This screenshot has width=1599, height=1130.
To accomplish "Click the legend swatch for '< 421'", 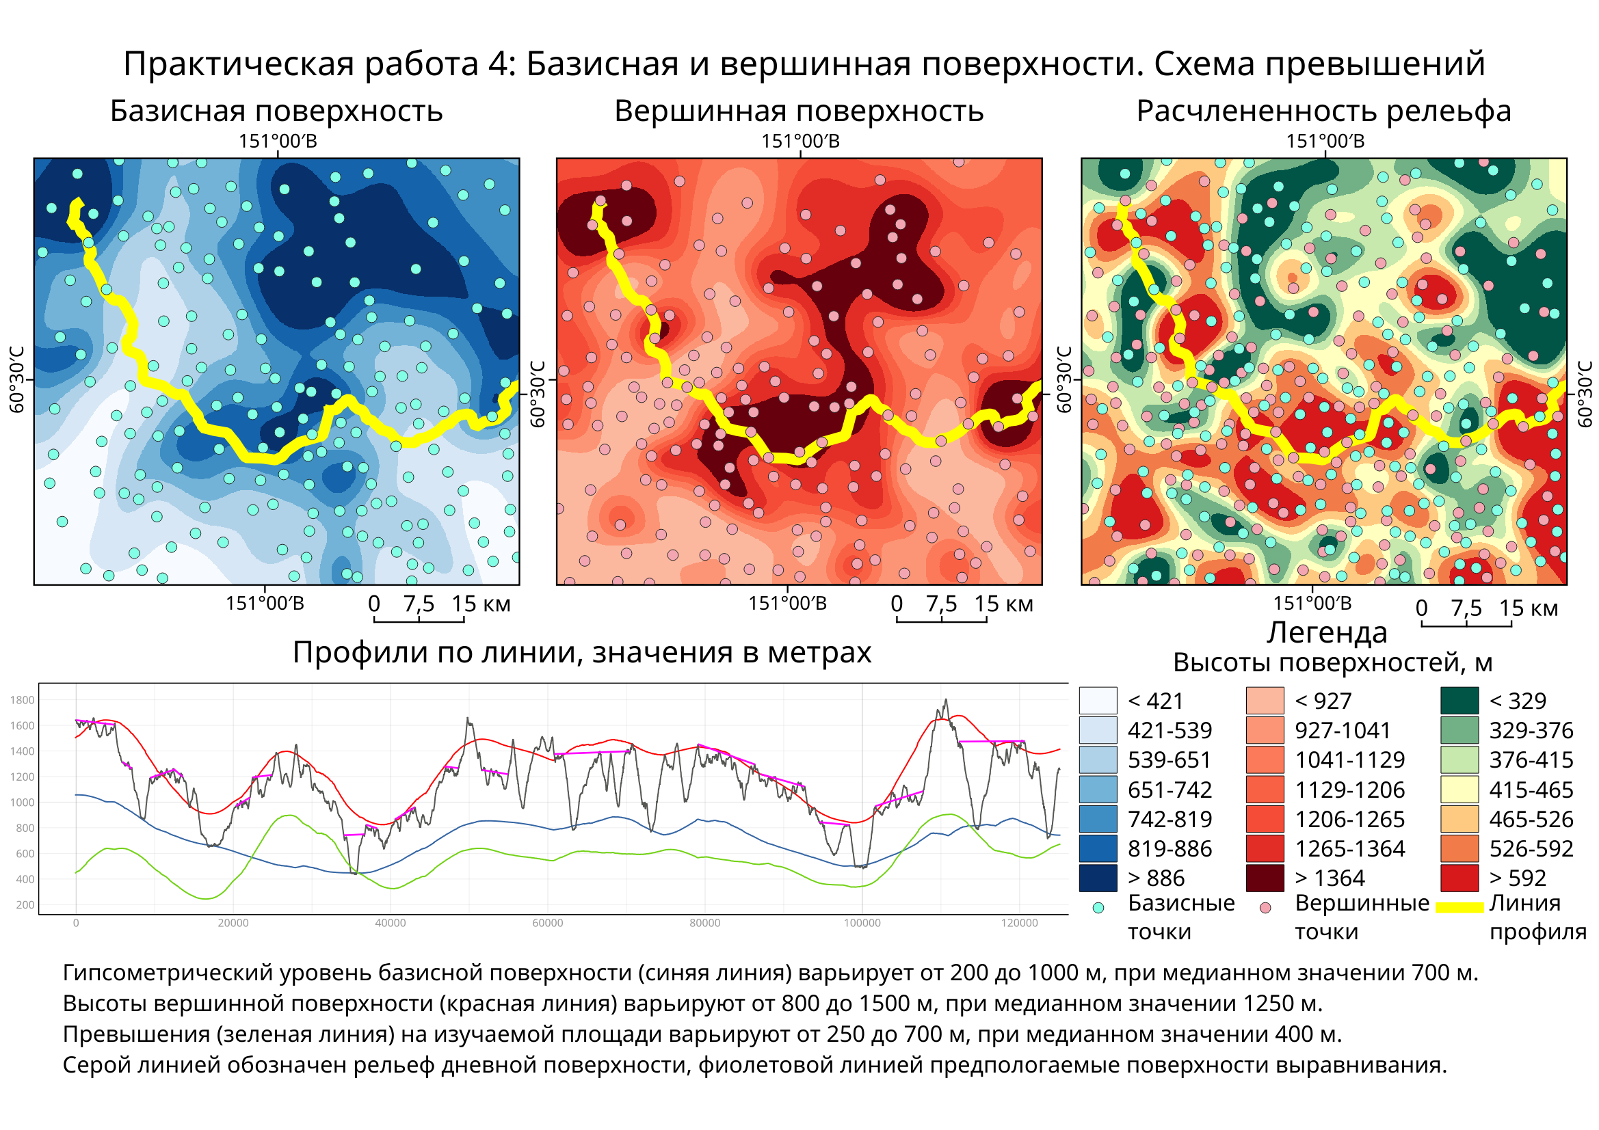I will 1098,701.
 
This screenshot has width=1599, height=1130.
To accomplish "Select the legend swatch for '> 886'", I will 1098,878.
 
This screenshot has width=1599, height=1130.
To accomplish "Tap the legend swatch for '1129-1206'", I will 1265,790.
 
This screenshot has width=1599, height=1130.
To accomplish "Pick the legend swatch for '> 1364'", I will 1265,878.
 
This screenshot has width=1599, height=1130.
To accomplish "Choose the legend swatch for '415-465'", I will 1459,790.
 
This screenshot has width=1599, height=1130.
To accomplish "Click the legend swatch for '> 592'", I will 1459,878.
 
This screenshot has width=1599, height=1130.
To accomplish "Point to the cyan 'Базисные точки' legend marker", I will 1098,908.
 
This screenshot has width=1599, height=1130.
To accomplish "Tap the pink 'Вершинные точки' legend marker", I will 1265,908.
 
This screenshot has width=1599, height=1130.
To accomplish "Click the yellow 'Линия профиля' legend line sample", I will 1459,907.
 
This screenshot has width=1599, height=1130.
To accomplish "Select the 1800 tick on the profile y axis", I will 23,701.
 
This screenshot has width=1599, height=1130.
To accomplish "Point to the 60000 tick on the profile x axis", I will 547,924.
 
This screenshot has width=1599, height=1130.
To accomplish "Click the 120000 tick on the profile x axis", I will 1020,924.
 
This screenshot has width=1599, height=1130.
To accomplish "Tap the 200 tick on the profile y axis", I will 25,905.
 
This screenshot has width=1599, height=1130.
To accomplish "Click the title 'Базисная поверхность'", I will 276,111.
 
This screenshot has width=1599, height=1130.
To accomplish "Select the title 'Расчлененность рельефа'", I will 1323,111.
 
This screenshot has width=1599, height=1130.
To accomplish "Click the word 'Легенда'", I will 1326,632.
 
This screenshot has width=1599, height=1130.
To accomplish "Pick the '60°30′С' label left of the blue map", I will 16,379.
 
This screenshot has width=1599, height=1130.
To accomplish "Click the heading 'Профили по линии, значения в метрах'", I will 581,652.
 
